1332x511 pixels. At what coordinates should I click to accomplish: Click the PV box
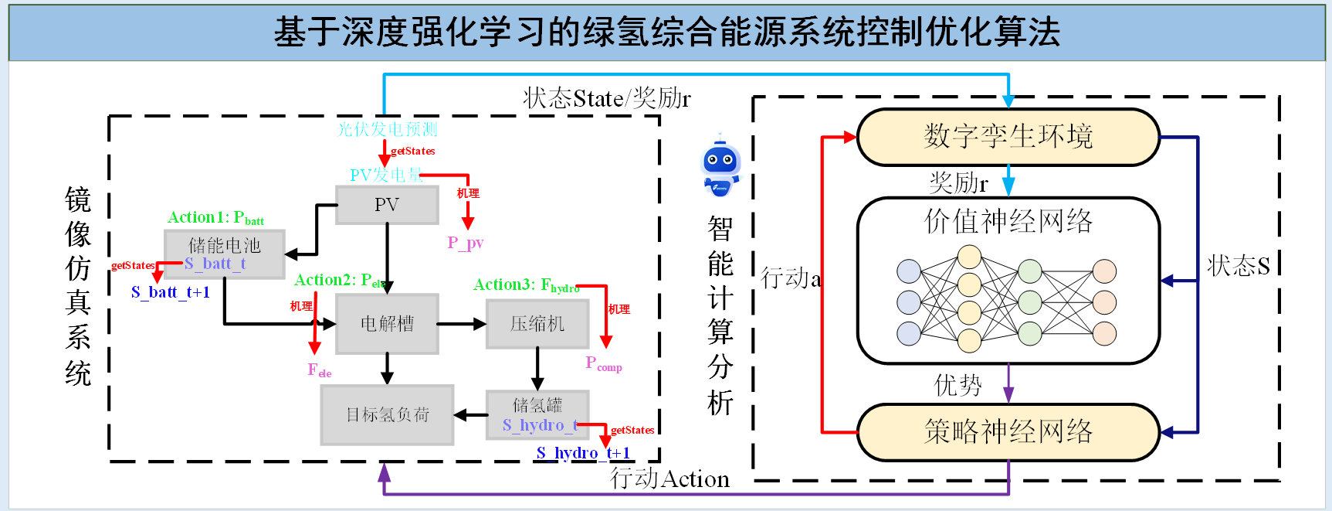[x=387, y=205]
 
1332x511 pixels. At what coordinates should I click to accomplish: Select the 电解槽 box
[x=387, y=323]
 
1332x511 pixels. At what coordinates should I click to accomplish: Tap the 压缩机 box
[x=537, y=323]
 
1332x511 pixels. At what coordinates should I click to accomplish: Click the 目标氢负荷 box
[x=387, y=415]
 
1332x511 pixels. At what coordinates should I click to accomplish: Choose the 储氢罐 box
[x=537, y=415]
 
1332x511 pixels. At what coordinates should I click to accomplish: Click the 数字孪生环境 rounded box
[x=1008, y=137]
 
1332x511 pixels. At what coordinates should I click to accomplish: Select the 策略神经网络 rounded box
[x=1008, y=431]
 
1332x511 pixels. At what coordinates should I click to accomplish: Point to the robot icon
[x=720, y=166]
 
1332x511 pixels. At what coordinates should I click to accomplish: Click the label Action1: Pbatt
[x=215, y=218]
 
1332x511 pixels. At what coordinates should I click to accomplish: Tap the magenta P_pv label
[x=466, y=243]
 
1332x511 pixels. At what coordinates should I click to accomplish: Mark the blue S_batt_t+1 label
[x=171, y=292]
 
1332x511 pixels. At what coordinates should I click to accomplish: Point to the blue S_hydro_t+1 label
[x=583, y=453]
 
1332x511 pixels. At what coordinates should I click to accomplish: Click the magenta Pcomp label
[x=603, y=363]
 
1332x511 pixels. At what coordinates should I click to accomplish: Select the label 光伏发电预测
[x=388, y=129]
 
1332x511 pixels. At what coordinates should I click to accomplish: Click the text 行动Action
[x=669, y=479]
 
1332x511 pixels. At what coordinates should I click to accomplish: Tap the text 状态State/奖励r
[x=607, y=98]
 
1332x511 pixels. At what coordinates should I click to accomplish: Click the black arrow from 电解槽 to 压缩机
[x=462, y=324]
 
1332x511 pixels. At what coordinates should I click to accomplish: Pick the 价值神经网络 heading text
[x=1008, y=221]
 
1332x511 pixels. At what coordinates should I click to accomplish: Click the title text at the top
[x=666, y=32]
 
